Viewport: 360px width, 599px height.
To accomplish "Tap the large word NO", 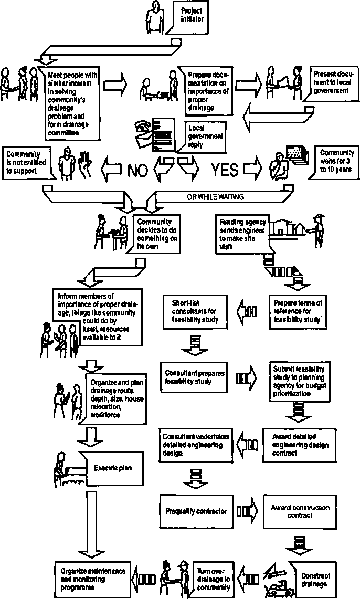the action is (x=138, y=170).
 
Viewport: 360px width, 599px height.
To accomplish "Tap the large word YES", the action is (x=225, y=170).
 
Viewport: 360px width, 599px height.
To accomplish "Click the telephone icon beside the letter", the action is (x=144, y=127).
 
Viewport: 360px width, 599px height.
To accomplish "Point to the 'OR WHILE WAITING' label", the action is (x=215, y=197).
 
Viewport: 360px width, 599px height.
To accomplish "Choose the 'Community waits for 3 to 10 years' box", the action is (x=334, y=162).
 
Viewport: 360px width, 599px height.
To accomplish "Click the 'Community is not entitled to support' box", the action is (x=27, y=163).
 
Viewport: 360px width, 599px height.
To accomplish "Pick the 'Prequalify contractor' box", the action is (x=196, y=511).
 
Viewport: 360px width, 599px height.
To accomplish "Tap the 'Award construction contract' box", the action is (x=300, y=512).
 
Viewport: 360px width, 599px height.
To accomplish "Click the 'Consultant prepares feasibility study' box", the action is (x=195, y=377).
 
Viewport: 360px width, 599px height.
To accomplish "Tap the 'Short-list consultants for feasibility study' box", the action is (x=195, y=311).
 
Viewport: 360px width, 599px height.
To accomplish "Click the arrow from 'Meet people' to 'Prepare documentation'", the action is (x=115, y=83).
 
